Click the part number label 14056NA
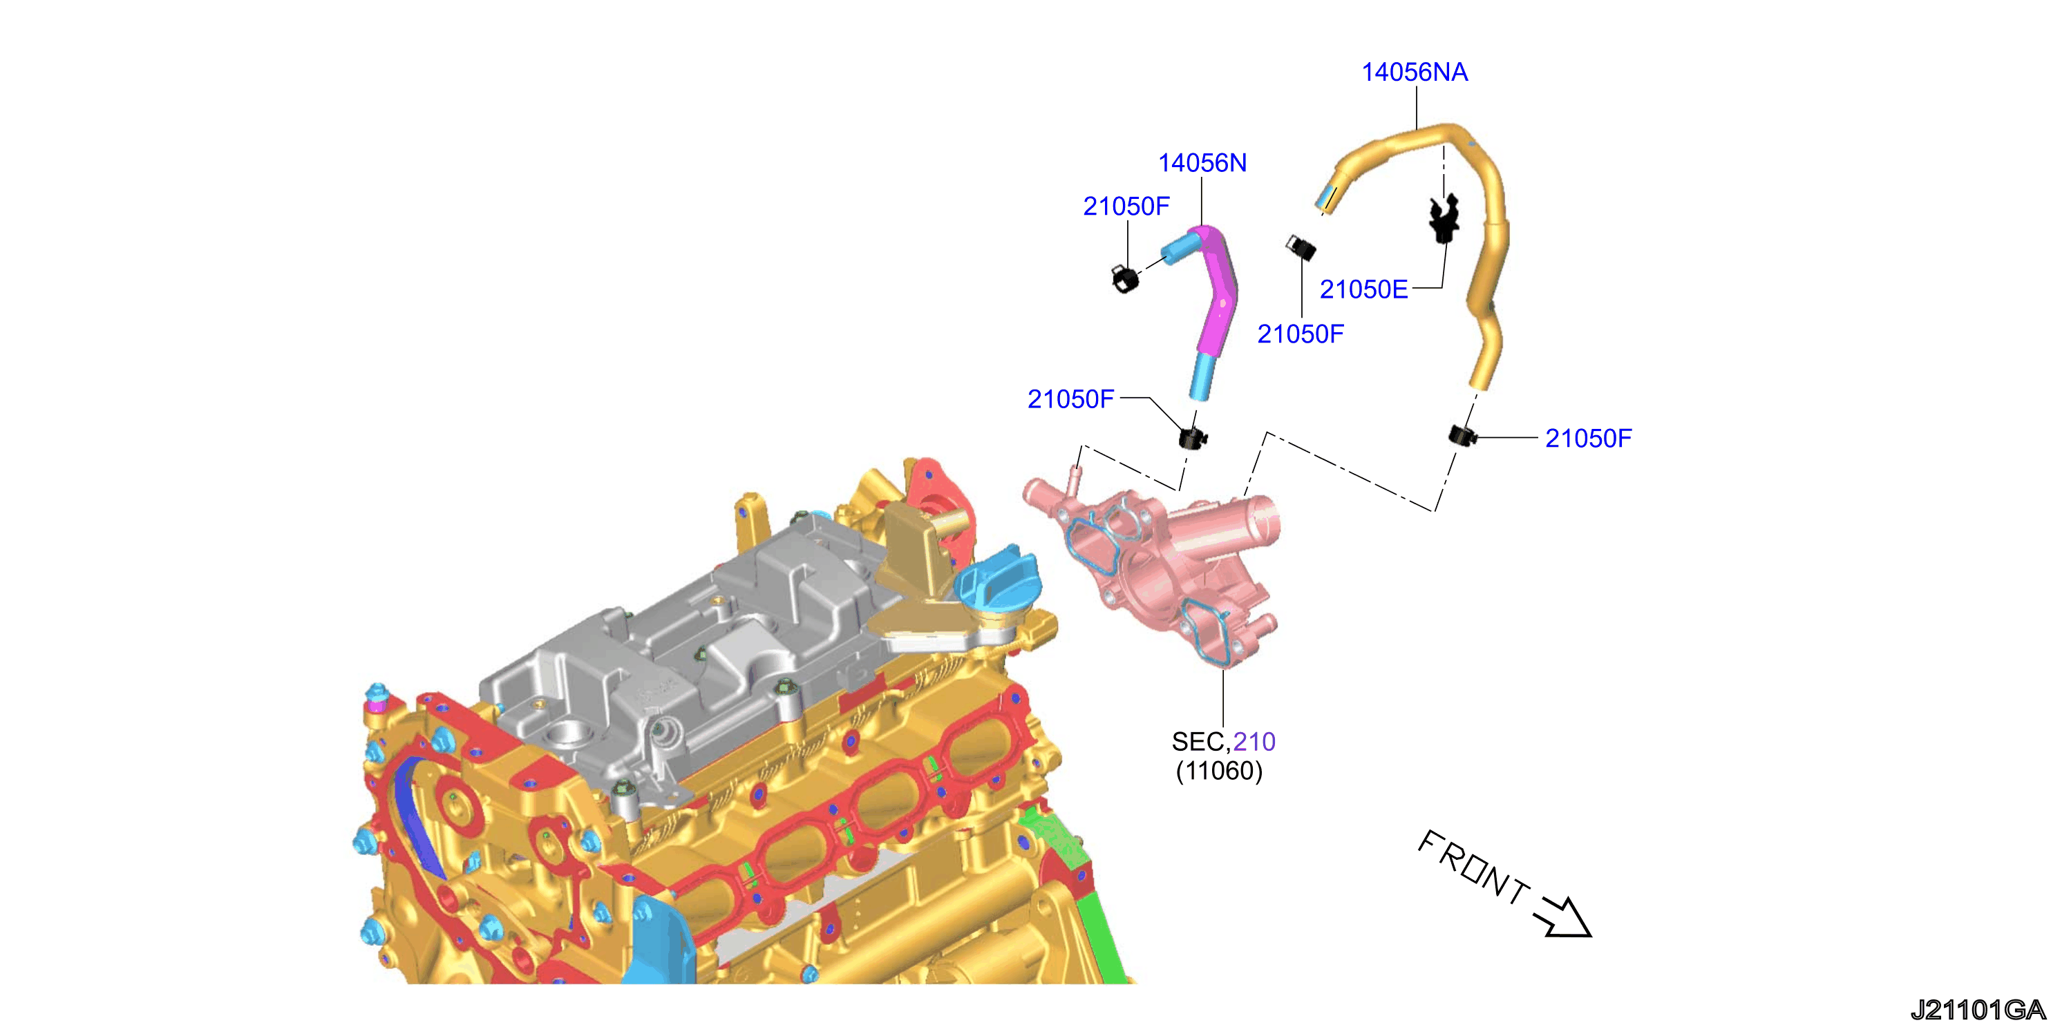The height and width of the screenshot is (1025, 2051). pos(1414,73)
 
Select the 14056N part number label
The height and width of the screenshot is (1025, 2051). pos(1202,163)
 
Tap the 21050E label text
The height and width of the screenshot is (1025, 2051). pos(1364,289)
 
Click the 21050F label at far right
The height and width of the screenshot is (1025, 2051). pos(1589,439)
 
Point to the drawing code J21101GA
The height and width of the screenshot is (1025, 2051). pos(1978,1010)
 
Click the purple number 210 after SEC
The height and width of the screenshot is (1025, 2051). pos(1254,742)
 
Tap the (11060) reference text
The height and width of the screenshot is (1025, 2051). pos(1219,771)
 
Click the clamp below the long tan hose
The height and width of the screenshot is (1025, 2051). pos(1462,435)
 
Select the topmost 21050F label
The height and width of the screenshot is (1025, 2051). pos(1126,207)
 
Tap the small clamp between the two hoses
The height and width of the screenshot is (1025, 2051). pos(1301,247)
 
